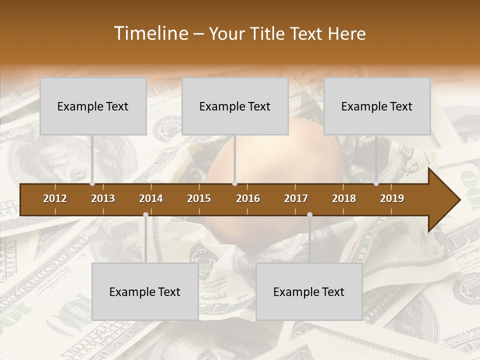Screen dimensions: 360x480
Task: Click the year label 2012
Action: (55, 198)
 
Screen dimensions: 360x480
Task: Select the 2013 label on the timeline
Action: (103, 198)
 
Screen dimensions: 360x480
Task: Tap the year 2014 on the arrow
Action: (151, 198)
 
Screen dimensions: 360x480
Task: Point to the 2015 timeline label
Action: (199, 198)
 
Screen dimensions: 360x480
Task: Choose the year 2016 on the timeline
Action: (248, 198)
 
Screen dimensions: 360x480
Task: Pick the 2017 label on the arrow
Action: (296, 198)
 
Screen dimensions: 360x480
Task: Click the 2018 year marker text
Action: (344, 198)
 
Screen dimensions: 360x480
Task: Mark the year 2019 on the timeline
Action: (392, 198)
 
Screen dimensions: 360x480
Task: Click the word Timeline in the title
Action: (150, 33)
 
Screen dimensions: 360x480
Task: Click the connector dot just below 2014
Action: (145, 214)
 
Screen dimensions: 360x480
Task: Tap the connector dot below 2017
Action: (309, 214)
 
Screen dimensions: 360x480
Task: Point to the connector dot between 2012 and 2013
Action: (92, 183)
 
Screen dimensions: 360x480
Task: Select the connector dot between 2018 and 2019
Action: (376, 183)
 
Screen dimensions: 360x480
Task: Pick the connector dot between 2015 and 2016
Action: (234, 183)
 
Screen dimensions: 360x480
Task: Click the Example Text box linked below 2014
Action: (145, 292)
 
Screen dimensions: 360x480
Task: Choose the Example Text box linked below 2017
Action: (309, 292)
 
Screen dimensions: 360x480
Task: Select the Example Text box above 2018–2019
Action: (377, 106)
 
